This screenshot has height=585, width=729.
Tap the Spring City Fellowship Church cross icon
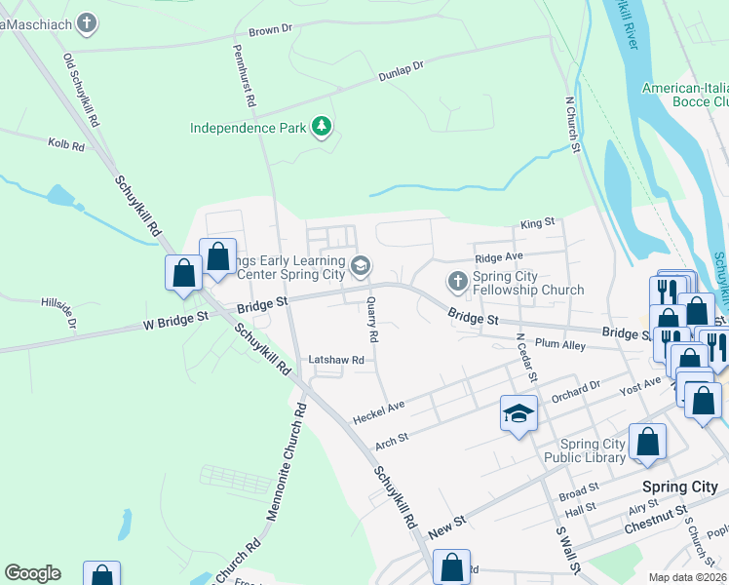click(x=457, y=283)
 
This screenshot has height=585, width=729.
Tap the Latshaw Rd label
click(x=336, y=360)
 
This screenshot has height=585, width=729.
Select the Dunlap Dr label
click(x=402, y=70)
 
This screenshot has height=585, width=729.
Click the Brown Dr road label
click(x=270, y=30)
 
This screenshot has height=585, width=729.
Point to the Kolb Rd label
click(x=66, y=144)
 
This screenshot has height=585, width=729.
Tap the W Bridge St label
click(x=176, y=317)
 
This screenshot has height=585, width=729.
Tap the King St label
click(x=537, y=222)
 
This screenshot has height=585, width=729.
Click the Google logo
click(x=32, y=572)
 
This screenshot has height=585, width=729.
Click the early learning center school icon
click(x=361, y=265)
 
